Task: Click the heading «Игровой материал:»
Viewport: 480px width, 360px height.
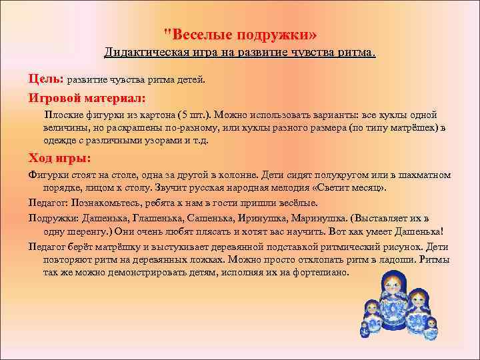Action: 85,98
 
